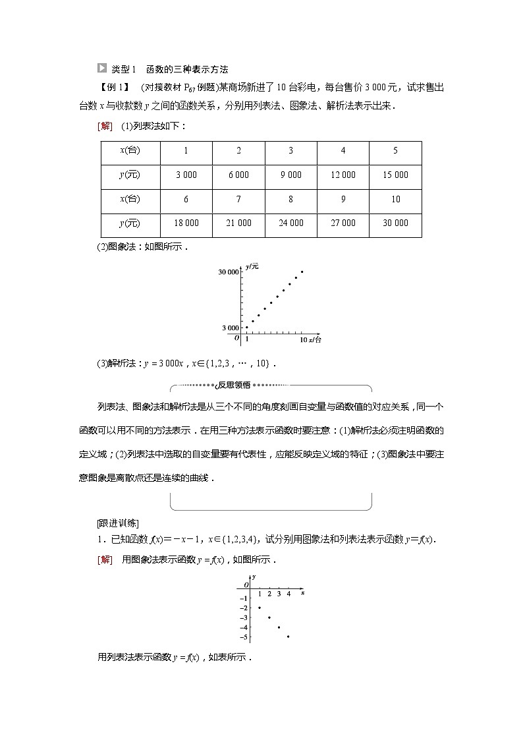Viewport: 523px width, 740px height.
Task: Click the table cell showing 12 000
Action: tap(343, 175)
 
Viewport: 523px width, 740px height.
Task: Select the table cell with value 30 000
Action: tap(395, 223)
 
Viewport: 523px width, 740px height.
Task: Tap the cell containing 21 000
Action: tap(238, 223)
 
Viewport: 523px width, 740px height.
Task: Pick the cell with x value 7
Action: tap(238, 199)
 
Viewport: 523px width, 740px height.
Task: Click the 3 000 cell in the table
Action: tap(186, 175)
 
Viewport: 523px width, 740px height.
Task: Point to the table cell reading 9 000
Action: tap(290, 175)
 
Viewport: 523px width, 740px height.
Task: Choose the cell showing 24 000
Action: tap(290, 223)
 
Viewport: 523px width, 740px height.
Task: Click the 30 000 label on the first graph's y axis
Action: tap(229, 271)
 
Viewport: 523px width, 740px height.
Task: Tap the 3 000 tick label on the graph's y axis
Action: tap(231, 327)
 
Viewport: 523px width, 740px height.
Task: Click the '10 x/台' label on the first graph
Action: tap(310, 339)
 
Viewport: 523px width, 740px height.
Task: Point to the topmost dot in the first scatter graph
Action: tap(302, 271)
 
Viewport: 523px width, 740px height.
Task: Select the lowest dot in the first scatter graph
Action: tap(247, 327)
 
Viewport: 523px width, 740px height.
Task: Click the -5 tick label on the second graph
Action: tap(244, 637)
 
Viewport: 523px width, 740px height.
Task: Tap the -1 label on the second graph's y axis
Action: tap(244, 598)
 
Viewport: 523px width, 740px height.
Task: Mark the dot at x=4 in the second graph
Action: tap(289, 637)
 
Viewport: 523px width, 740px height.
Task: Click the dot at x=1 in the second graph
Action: tap(260, 608)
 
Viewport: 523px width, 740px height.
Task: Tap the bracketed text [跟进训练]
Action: tap(117, 523)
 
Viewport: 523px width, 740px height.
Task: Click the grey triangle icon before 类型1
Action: tap(101, 68)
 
